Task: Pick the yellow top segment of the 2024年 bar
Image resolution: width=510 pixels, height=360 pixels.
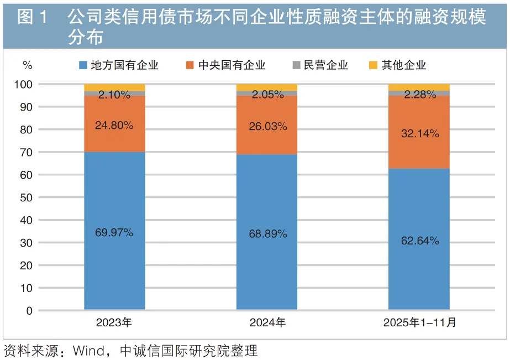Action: point(267,87)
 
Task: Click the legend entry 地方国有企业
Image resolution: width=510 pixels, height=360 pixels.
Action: point(118,65)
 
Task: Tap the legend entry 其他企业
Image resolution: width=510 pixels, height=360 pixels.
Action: point(397,65)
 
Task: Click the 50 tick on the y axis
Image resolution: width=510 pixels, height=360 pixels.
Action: point(27,197)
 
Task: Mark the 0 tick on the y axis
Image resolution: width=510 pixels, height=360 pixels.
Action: point(29,311)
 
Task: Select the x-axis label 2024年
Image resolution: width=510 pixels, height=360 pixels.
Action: point(267,323)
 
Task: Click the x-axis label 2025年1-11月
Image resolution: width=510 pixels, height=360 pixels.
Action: point(419,323)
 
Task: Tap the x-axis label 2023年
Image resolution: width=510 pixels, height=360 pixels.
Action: point(114,323)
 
